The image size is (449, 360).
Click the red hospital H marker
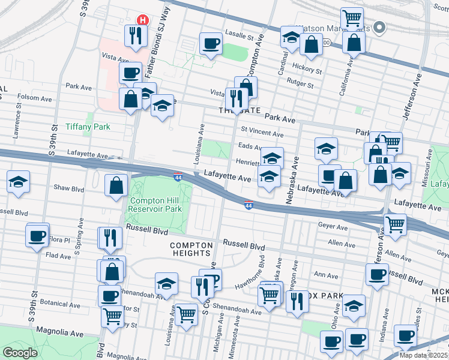point(142,20)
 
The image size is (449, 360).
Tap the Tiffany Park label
point(88,127)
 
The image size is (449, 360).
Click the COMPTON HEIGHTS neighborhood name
point(191,250)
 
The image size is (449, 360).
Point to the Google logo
point(20,353)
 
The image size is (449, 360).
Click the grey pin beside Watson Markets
point(379,28)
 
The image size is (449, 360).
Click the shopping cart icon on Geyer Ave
point(395,224)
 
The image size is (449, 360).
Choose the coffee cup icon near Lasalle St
point(210,43)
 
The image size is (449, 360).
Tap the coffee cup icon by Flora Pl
point(37,235)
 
